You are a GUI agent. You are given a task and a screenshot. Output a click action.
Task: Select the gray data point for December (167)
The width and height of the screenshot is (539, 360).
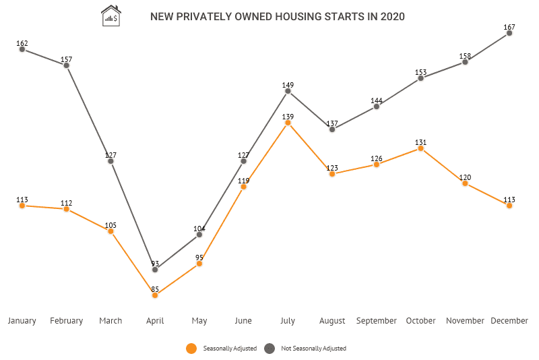click(x=509, y=32)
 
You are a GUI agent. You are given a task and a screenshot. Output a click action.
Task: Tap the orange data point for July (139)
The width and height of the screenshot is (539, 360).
click(x=288, y=123)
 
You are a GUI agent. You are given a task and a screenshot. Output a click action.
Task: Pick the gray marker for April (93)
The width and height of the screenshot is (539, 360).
click(x=155, y=270)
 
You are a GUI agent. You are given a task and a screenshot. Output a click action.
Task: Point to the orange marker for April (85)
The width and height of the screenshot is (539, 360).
click(x=155, y=295)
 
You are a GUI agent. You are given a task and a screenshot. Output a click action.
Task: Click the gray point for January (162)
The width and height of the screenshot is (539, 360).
click(x=22, y=49)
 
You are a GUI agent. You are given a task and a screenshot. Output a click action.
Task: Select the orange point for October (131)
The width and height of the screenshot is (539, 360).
click(x=420, y=148)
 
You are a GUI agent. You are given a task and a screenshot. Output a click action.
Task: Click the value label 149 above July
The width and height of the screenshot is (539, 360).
click(x=288, y=85)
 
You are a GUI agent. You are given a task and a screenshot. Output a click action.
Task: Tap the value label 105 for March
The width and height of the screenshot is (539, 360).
click(x=110, y=225)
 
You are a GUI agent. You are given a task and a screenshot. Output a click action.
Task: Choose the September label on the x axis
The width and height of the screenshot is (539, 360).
click(x=376, y=321)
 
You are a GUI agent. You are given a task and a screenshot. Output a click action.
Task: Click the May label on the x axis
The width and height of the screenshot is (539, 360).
click(x=199, y=321)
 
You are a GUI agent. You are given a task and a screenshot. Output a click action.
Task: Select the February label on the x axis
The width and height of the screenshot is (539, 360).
click(x=67, y=321)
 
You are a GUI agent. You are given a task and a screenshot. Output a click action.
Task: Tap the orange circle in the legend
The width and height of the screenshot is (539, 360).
click(x=191, y=349)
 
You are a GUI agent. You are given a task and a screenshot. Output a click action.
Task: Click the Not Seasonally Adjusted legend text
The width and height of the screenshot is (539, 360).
click(x=313, y=349)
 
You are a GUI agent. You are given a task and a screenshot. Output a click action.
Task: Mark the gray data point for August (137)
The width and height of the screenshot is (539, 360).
click(x=332, y=129)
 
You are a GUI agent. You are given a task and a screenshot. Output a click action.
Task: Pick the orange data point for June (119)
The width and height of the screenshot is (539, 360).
click(x=243, y=187)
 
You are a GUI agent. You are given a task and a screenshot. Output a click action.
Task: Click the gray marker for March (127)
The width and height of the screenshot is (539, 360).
click(x=110, y=161)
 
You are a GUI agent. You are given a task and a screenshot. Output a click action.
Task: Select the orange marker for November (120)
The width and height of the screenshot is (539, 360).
click(x=465, y=183)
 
